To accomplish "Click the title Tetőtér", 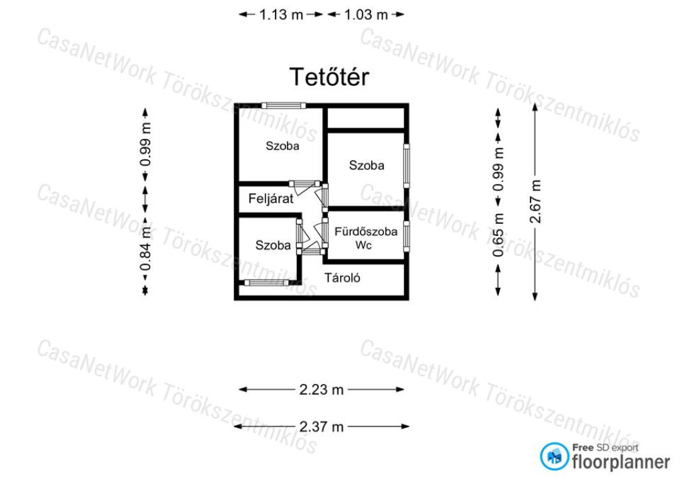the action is (x=329, y=77).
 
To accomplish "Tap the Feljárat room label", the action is (x=271, y=199).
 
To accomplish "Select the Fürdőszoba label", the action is (x=366, y=231).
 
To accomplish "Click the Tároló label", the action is (x=342, y=278).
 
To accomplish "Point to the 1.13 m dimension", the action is (x=281, y=15).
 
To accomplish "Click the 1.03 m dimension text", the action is (x=366, y=15).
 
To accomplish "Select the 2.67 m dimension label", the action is (x=536, y=201).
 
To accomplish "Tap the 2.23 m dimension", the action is (x=321, y=389).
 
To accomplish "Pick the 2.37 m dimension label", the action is (x=321, y=427).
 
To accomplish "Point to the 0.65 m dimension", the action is (x=499, y=235).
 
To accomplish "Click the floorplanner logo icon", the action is (x=554, y=456).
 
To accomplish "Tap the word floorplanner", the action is (x=621, y=462).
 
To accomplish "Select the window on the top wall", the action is (x=284, y=106).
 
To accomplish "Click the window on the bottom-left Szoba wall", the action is (x=266, y=283).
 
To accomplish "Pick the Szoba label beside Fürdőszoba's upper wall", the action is (x=367, y=165).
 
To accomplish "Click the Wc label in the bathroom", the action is (x=363, y=245).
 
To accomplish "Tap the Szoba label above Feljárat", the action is (x=282, y=145).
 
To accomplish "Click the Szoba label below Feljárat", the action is (x=273, y=245).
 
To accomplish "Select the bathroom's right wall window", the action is (x=406, y=237).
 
